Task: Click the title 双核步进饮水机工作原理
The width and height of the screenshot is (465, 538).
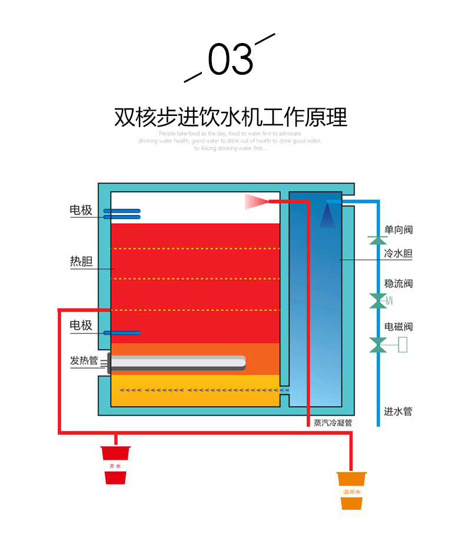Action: [x=231, y=117]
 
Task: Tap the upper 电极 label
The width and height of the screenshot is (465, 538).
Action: [x=81, y=210]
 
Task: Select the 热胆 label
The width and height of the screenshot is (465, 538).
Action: [x=81, y=261]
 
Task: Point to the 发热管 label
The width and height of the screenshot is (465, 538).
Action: [x=84, y=360]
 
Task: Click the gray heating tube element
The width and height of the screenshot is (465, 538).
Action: [x=177, y=363]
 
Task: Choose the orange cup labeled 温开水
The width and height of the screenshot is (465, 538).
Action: [x=351, y=490]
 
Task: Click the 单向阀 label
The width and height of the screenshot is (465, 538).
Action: [x=398, y=230]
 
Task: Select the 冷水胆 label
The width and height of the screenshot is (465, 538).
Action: [x=398, y=254]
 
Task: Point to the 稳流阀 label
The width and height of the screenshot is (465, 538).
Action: [x=398, y=283]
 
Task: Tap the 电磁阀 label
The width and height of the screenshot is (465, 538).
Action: [x=398, y=327]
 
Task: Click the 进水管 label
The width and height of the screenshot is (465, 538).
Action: [x=398, y=411]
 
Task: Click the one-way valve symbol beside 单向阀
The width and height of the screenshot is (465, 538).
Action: [x=377, y=240]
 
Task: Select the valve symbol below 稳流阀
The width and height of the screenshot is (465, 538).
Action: [x=377, y=300]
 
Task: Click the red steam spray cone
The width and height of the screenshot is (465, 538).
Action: [x=256, y=202]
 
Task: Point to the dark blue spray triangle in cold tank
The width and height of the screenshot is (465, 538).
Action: [x=327, y=217]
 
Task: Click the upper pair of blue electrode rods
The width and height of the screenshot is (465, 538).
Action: [x=122, y=214]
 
